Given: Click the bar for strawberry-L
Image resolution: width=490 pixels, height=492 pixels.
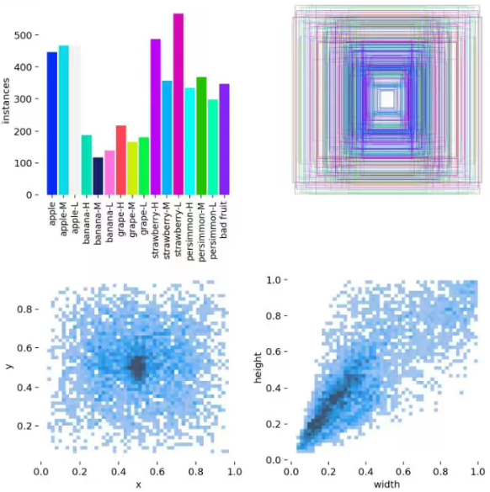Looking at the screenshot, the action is (178, 104).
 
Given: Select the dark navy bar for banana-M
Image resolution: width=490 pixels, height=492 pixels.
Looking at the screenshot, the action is (98, 176).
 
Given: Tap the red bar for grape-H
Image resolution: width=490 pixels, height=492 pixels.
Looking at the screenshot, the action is (121, 161).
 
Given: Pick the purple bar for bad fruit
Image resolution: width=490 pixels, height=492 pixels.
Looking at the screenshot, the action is (224, 140).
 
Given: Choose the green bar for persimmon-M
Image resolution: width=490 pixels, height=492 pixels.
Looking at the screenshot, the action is (201, 136).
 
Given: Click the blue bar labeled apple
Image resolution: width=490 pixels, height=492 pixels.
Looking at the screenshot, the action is (52, 124).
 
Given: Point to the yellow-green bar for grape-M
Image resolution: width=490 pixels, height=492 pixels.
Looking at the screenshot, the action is (132, 168).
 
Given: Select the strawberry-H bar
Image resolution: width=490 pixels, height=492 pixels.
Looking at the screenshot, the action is (156, 117).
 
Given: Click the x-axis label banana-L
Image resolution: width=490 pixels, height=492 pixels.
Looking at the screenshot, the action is (109, 223).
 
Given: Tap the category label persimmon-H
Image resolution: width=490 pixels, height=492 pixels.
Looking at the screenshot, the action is (189, 231).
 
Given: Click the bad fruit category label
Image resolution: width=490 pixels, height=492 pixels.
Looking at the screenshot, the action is (224, 220).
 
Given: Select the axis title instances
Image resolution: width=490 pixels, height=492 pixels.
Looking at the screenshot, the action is (6, 101).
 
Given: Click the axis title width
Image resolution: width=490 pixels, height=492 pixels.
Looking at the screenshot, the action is (386, 484).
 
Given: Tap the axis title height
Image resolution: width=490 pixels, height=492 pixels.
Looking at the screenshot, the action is (258, 368).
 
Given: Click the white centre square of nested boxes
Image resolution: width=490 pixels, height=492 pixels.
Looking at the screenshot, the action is (387, 99).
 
